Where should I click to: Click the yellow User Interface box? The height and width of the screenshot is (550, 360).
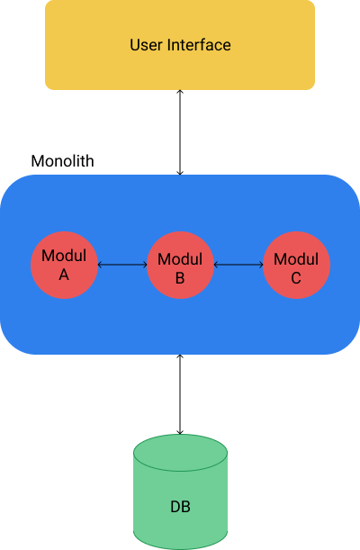tap(180, 45)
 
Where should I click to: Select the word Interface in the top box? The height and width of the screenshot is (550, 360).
tap(199, 45)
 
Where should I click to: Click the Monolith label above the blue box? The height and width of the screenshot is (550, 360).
tap(62, 161)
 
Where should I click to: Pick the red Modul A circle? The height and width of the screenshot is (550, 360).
tap(64, 265)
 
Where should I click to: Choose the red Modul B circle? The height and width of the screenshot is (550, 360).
tap(180, 265)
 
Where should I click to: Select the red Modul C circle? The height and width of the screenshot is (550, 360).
tap(296, 265)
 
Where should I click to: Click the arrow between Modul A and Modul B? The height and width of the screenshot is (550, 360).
tap(122, 265)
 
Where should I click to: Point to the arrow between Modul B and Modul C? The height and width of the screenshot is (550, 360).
tap(238, 265)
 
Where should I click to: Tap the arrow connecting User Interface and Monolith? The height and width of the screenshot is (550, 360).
tap(180, 132)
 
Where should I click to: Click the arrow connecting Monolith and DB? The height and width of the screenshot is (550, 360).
tap(180, 394)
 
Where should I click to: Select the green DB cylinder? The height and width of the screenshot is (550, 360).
tap(180, 491)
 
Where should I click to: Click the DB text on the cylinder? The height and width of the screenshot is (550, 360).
tap(180, 507)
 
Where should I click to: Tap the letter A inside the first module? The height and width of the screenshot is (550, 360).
tap(64, 275)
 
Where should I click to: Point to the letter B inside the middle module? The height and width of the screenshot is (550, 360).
tap(180, 278)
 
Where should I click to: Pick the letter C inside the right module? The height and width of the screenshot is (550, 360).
tap(296, 278)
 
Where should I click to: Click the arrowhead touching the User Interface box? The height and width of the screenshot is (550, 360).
tap(180, 92)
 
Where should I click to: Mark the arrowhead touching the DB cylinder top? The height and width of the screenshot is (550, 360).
tap(180, 432)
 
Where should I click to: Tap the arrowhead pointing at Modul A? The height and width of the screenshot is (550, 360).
tap(100, 265)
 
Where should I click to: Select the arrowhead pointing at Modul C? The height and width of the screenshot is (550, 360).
tap(261, 265)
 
